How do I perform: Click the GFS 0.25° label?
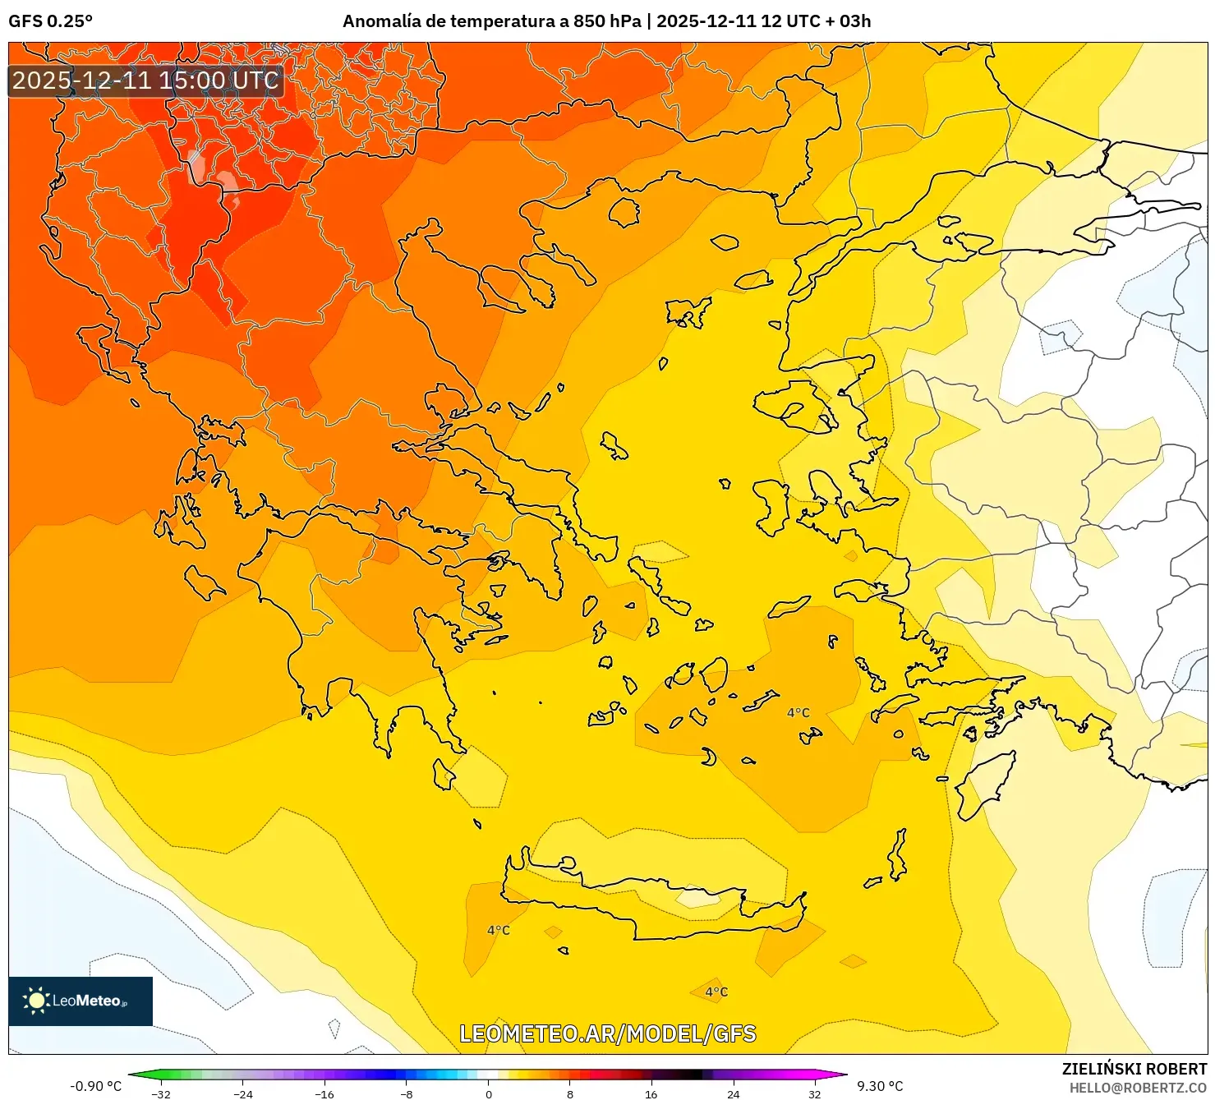point(50,21)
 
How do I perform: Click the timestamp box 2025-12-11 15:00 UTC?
point(145,81)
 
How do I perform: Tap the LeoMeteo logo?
point(81,1001)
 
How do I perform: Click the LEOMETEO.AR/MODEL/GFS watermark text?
point(607,1033)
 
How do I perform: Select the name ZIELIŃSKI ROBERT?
point(1134,1069)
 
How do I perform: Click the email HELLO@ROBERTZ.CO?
point(1138,1088)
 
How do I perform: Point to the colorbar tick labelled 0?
point(489,1093)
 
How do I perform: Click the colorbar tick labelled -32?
point(161,1093)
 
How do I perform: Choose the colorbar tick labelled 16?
point(651,1093)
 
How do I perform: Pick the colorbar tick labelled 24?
point(733,1093)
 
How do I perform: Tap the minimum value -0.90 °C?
point(95,1086)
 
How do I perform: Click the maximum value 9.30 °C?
point(880,1086)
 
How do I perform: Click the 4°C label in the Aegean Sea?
point(798,712)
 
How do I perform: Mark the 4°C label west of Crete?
point(498,930)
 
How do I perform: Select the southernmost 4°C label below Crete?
point(716,992)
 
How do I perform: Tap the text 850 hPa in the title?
point(607,21)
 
